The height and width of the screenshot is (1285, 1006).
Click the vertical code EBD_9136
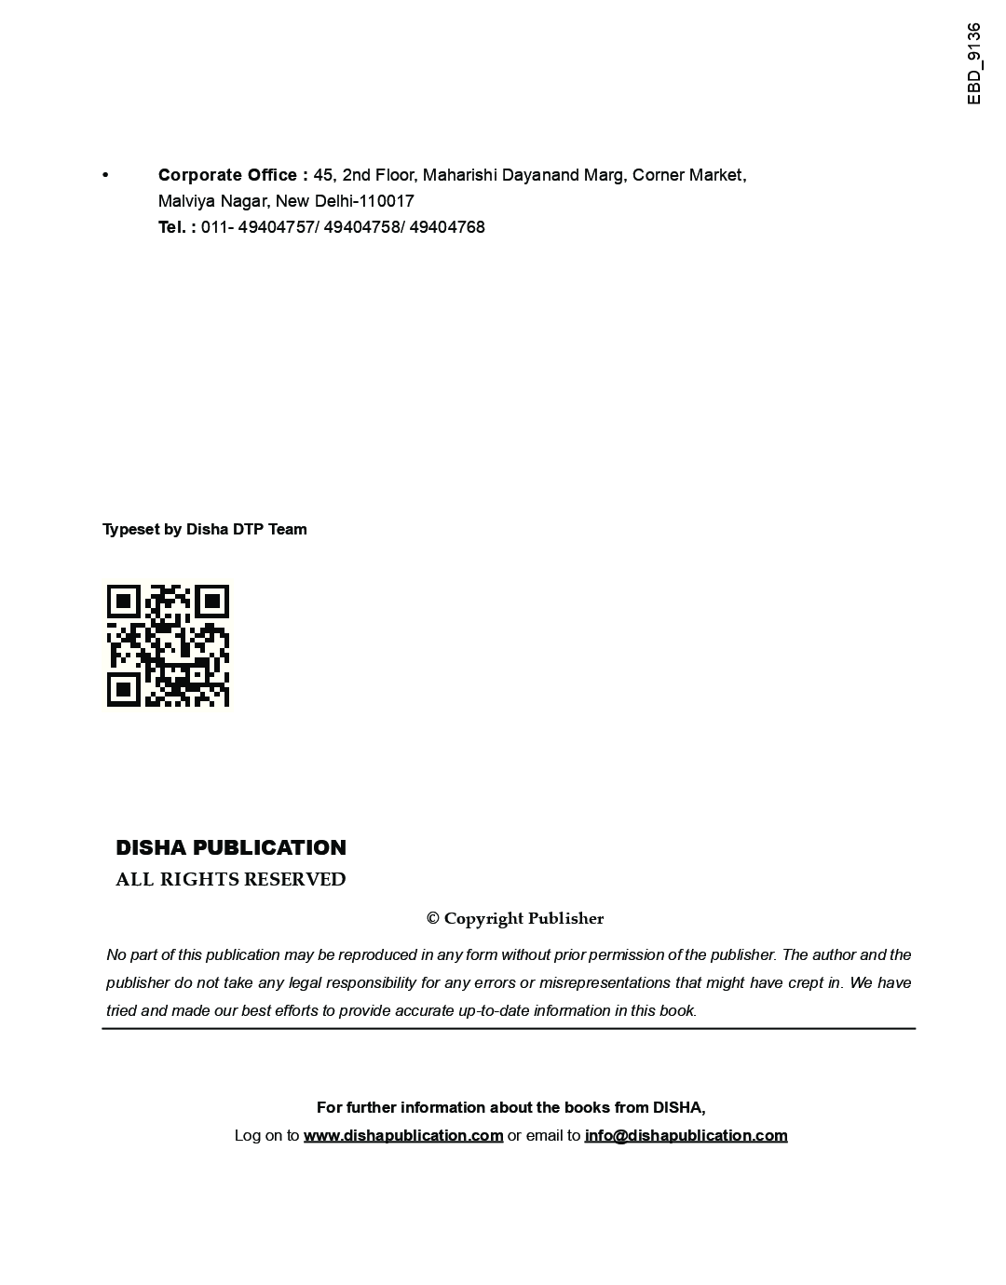point(974,63)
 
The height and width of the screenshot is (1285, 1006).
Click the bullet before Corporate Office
point(105,175)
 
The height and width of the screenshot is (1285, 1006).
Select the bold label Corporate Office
point(227,175)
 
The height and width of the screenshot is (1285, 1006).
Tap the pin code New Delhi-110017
point(345,201)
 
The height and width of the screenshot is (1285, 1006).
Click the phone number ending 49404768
point(447,227)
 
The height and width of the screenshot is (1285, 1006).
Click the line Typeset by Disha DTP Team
point(204,529)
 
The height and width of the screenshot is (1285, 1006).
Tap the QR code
point(168,645)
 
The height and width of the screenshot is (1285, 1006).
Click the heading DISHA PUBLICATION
point(230,847)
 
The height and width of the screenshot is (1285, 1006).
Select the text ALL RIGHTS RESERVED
point(230,880)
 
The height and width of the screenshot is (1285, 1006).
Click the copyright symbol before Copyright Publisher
point(433,919)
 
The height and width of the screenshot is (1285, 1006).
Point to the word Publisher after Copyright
point(566,919)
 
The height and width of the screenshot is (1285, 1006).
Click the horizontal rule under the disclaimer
point(509,1029)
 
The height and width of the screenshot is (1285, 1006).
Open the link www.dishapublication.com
point(403,1135)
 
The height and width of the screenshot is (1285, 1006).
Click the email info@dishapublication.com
point(686,1135)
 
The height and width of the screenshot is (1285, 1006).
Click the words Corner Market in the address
point(688,175)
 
